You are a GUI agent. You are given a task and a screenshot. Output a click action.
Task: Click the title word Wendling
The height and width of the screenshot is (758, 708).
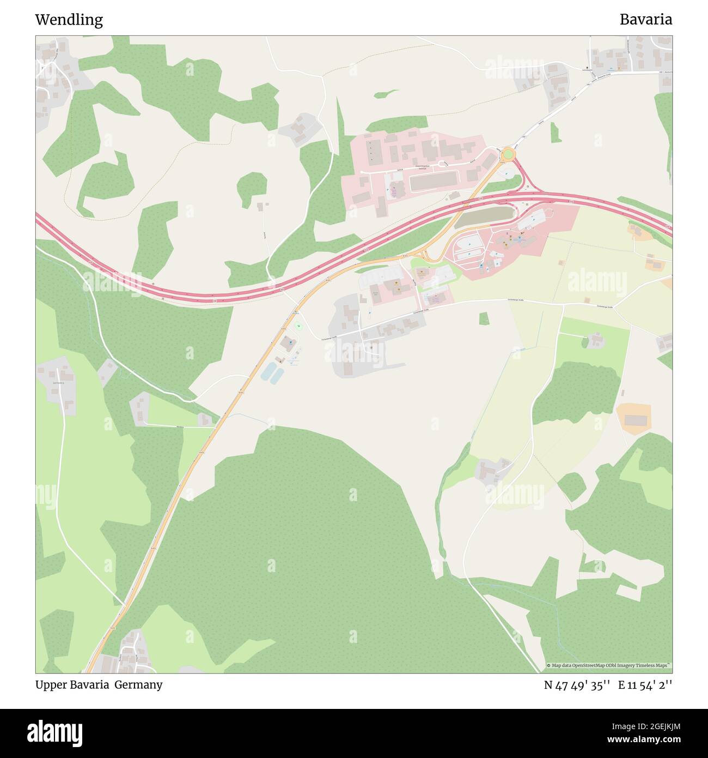point(69,20)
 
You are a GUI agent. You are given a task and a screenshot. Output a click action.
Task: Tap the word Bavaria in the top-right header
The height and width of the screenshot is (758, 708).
point(645,20)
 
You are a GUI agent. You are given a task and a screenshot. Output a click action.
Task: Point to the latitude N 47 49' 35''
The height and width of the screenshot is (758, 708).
point(577,685)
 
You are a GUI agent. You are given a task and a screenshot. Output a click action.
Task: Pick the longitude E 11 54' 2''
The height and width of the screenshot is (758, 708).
point(645,685)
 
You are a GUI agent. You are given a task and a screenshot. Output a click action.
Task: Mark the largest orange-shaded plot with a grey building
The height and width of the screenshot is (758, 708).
point(634,419)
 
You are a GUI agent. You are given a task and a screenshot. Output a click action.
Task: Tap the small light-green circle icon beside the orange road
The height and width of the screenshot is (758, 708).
point(298,326)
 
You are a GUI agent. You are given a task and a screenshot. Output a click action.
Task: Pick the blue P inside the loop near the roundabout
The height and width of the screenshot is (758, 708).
point(506,174)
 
